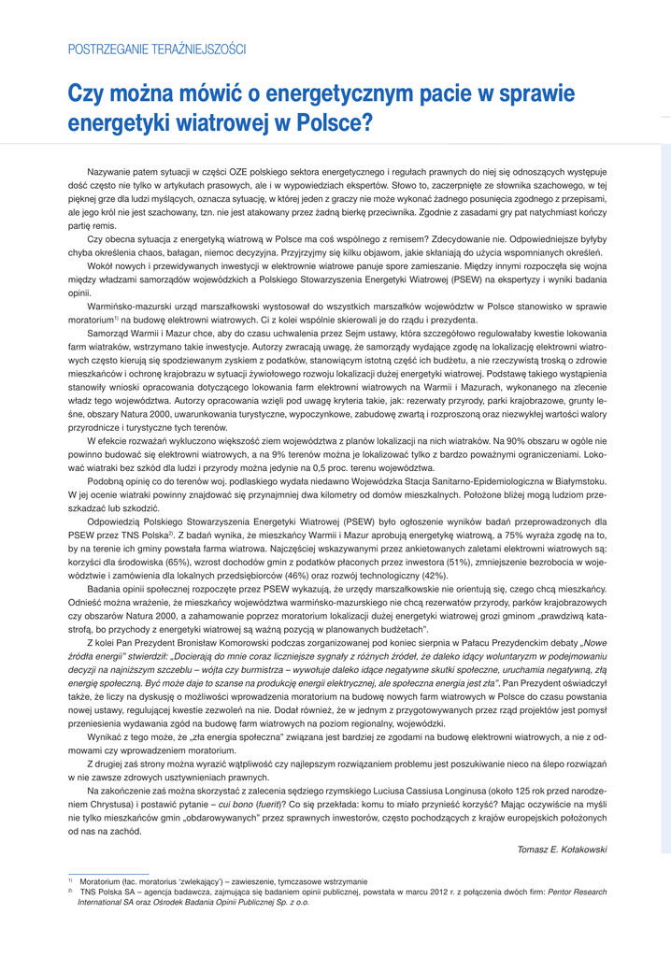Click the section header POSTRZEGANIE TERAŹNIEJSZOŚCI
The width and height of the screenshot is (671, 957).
(x=156, y=48)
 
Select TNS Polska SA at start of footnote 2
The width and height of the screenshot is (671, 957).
(x=107, y=893)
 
